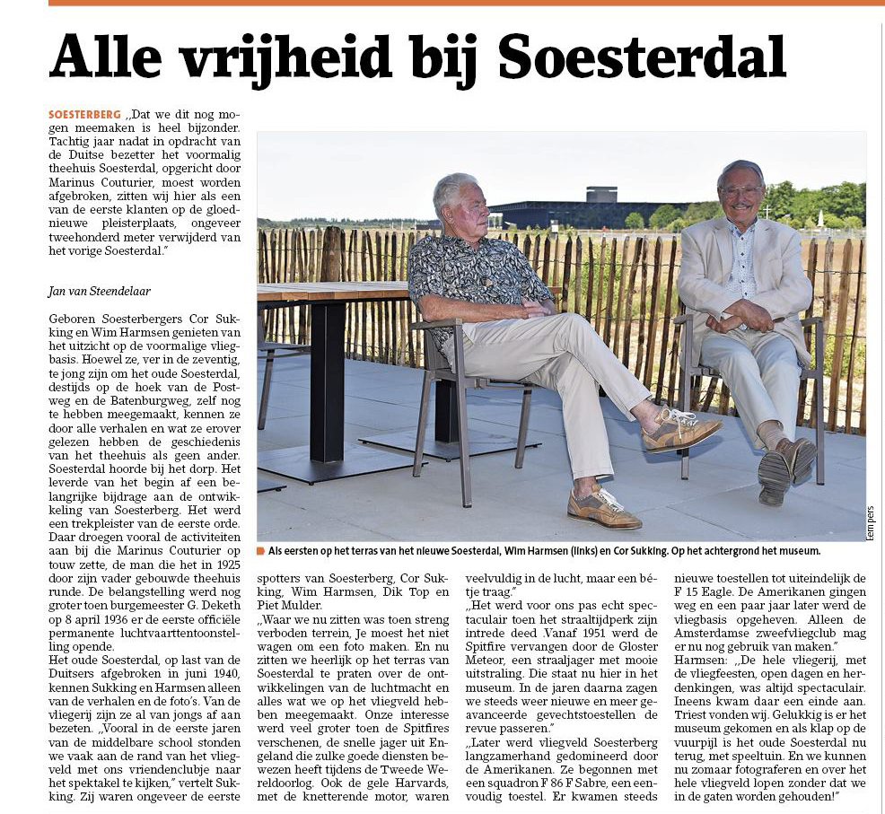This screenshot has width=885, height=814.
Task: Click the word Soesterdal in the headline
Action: (642, 57)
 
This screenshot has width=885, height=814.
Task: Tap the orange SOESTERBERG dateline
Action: (85, 115)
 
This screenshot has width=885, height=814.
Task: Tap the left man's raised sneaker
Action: (681, 432)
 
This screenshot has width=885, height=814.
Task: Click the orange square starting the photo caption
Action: (260, 550)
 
